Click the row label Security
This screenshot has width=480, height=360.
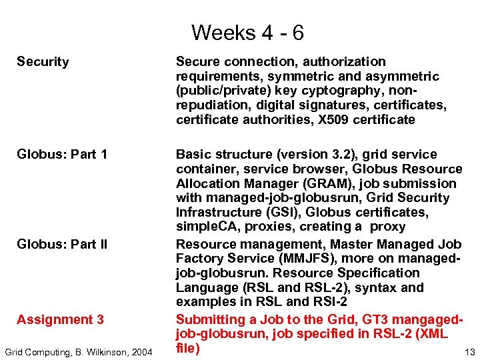43,62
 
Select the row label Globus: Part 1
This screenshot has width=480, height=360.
62,155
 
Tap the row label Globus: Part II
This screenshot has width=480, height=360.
62,244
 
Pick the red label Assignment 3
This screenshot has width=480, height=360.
60,319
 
